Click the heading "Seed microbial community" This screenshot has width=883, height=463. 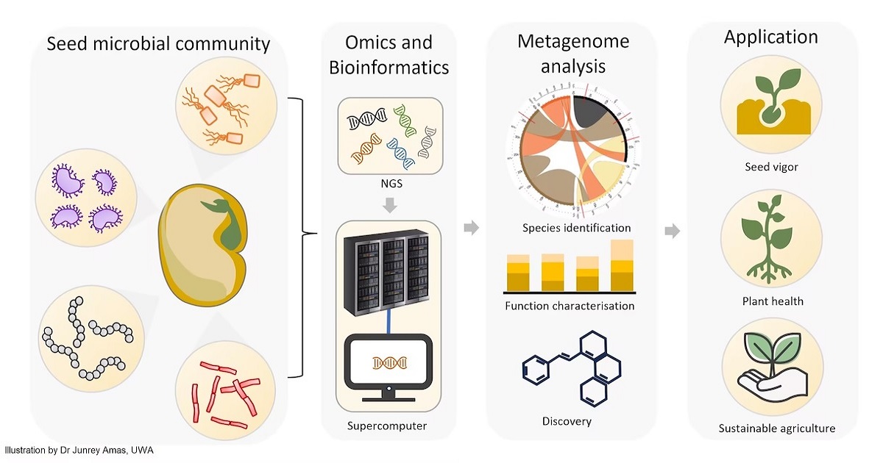(158, 44)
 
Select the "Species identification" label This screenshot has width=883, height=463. (576, 227)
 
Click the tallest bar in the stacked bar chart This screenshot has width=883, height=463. (622, 265)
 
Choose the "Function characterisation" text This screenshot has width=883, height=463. (570, 306)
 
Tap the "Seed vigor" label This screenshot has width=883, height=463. (771, 167)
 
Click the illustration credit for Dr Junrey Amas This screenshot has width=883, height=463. (79, 450)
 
